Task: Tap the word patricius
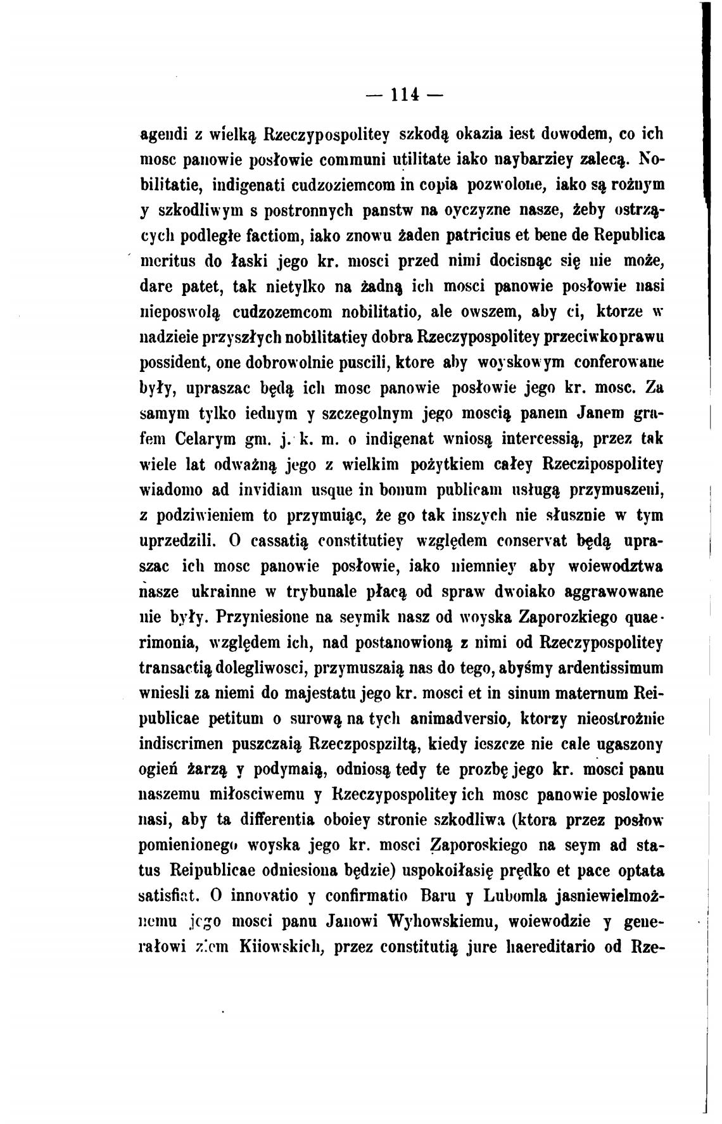click(477, 235)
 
